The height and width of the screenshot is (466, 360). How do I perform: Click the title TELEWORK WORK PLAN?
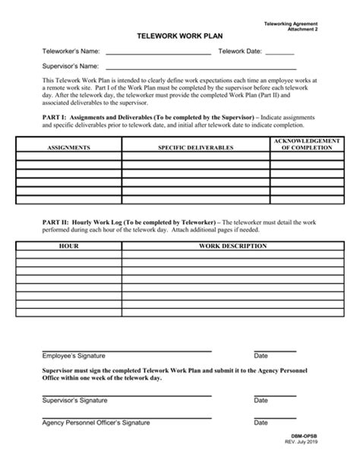point(180,36)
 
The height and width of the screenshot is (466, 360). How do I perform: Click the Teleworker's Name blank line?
point(158,53)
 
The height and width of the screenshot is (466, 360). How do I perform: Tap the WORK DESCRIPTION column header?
point(232,247)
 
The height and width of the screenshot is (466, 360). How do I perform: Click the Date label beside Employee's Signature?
point(261,355)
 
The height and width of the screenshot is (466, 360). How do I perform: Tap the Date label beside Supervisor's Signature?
point(261,400)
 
